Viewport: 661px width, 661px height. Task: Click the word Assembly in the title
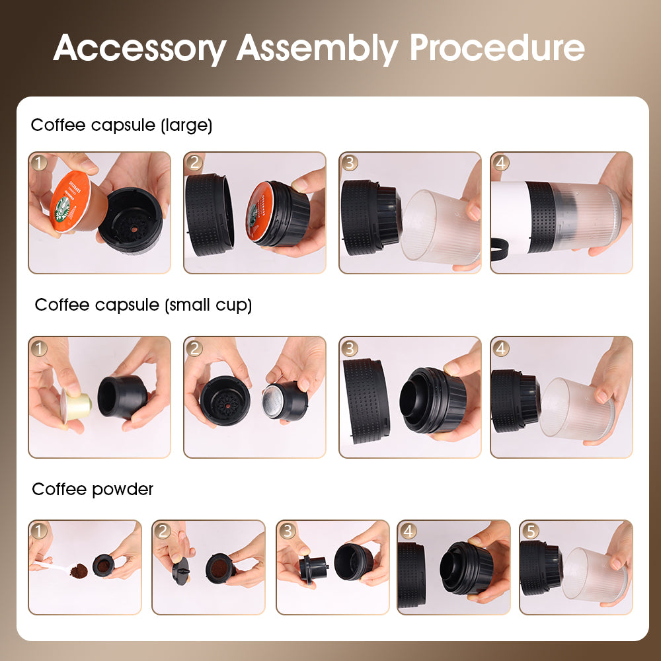pos(317,48)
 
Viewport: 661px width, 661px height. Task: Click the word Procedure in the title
pos(496,48)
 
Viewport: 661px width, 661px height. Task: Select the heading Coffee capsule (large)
pos(122,125)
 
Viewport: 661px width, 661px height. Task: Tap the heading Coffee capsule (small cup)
pos(143,305)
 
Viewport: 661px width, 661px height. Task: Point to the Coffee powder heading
pos(93,489)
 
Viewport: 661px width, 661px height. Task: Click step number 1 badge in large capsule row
pos(40,163)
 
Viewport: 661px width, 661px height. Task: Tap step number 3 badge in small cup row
pos(350,348)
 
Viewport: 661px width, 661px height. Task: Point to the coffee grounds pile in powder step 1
pos(79,570)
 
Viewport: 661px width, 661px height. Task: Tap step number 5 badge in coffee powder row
pos(530,531)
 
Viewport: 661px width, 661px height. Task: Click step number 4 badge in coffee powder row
pos(408,531)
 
